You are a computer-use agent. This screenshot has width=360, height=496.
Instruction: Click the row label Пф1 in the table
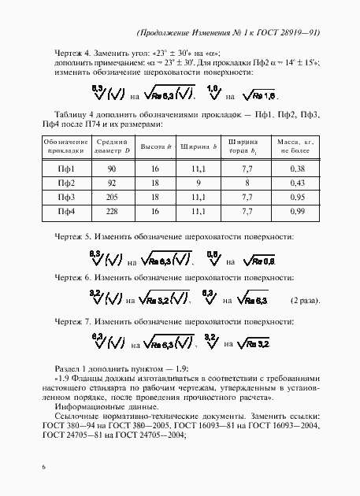(x=66, y=169)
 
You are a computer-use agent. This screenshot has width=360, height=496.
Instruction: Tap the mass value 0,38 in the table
(x=296, y=169)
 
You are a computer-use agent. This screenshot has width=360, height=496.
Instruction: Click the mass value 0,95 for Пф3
(x=296, y=198)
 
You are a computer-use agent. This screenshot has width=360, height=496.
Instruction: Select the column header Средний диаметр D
(x=111, y=146)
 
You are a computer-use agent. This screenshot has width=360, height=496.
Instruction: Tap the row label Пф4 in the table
(x=66, y=212)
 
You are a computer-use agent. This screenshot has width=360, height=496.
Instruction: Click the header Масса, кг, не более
(x=296, y=146)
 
